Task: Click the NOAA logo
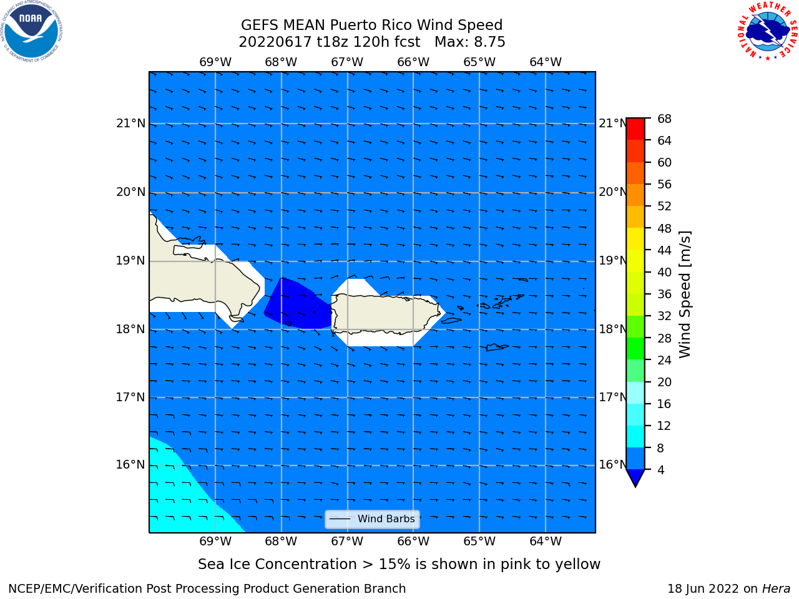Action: (31, 31)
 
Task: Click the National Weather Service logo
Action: (767, 31)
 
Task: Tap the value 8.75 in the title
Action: (489, 42)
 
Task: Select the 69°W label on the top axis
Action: (215, 62)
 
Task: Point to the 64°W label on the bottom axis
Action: (546, 541)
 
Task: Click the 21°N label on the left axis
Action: (130, 124)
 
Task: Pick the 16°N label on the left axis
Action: (130, 464)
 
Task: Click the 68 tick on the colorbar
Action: (664, 119)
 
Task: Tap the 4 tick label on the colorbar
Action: (660, 470)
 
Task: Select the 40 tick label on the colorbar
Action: (664, 272)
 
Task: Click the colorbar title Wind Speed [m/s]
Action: (685, 295)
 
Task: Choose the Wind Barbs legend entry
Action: (372, 519)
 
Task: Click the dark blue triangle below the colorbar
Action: (635, 477)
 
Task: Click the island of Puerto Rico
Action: (386, 313)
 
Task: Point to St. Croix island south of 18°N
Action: (496, 348)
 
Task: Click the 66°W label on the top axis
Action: (413, 62)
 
